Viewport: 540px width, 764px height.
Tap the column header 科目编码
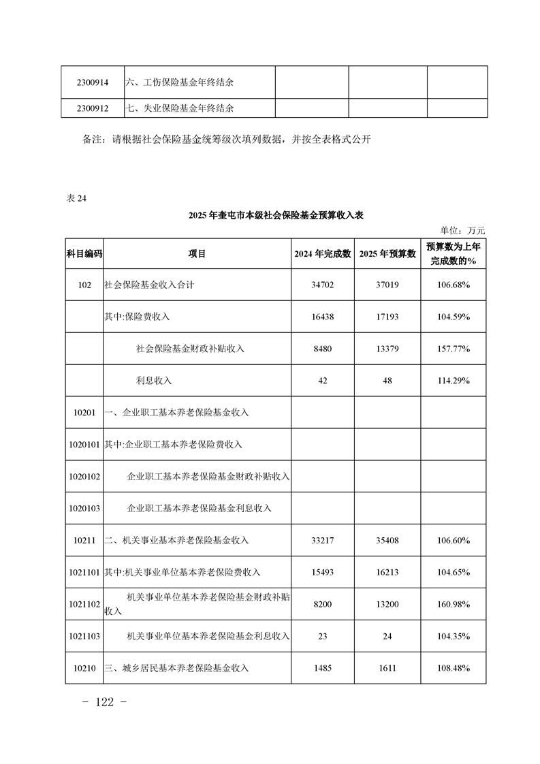point(84,253)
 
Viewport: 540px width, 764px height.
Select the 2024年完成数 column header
point(323,253)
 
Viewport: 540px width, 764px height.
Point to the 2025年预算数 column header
point(387,253)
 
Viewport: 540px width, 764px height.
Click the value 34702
point(323,285)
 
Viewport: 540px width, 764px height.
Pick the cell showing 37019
point(387,285)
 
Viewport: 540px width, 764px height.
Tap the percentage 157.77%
point(454,349)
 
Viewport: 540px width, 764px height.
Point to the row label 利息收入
point(154,381)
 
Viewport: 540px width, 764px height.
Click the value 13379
point(387,349)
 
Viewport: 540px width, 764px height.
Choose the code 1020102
point(84,476)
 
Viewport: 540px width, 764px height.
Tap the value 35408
point(387,540)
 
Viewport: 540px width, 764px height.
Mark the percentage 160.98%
point(454,604)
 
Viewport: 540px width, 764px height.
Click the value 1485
point(323,668)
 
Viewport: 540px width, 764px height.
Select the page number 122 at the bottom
point(104,703)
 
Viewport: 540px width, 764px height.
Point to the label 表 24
point(77,198)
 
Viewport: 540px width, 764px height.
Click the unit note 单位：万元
point(463,231)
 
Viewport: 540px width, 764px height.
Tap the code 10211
point(84,540)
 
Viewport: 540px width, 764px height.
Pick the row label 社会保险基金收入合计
point(149,285)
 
